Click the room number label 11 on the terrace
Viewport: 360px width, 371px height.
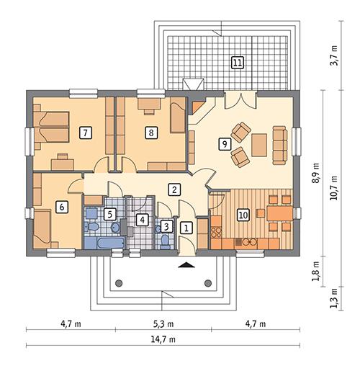tap(237, 63)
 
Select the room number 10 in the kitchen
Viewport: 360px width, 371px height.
tap(243, 214)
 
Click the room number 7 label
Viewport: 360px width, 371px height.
tap(86, 132)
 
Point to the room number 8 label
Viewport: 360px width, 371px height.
tap(150, 132)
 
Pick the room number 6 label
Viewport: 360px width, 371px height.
tap(62, 207)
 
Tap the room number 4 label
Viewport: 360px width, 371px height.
tap(143, 220)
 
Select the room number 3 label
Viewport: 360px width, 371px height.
tap(166, 226)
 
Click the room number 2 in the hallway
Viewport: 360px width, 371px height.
tap(174, 189)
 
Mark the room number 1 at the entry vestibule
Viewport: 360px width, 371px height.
tap(186, 228)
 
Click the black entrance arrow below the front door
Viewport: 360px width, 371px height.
tap(187, 265)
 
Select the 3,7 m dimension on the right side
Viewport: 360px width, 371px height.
tap(333, 56)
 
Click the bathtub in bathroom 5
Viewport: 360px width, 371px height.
tap(104, 242)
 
